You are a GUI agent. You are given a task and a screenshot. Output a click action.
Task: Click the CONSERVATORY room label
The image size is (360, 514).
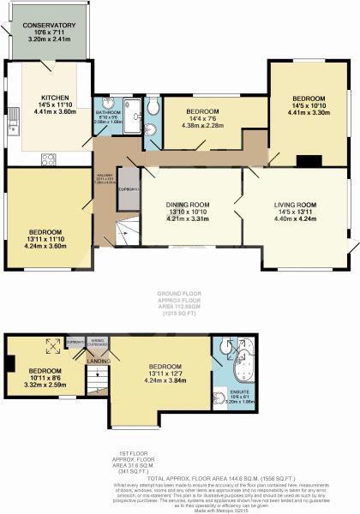click(x=50, y=26)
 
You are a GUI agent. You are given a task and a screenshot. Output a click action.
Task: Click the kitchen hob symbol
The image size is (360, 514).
click(x=48, y=158)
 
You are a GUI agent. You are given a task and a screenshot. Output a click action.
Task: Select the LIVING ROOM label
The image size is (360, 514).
click(x=295, y=206)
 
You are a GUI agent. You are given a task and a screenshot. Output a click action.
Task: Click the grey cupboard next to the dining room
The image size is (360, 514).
click(x=128, y=189)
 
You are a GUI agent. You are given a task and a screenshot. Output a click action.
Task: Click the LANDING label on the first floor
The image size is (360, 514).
click(x=99, y=361)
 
